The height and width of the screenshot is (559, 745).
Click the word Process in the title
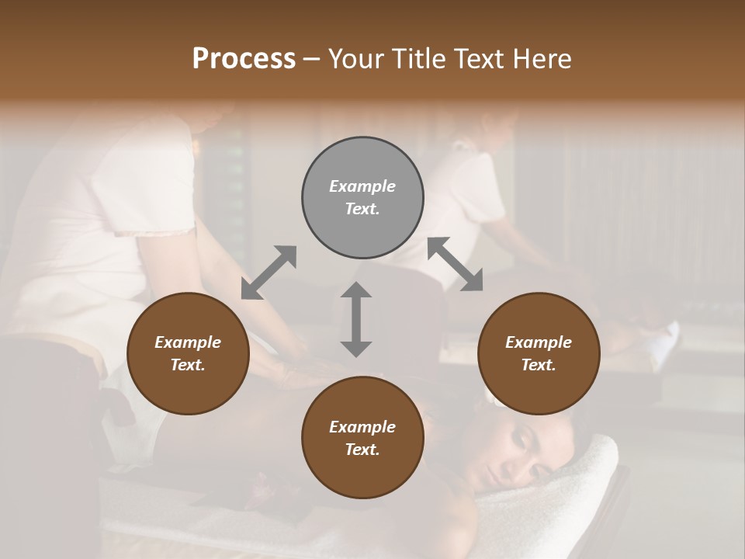point(244,59)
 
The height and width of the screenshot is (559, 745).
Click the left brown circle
point(188,353)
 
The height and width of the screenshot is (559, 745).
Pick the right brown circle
point(538,353)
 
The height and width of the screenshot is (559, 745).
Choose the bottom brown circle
point(362,437)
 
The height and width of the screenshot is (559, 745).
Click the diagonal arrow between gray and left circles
point(269,273)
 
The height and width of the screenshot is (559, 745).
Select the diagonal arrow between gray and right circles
point(455,264)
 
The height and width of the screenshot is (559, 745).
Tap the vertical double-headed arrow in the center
point(356,319)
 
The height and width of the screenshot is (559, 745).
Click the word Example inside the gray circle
point(362,186)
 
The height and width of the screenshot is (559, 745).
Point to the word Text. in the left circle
point(188,365)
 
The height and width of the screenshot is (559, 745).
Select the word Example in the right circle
point(538,342)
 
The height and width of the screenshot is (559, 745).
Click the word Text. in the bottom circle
point(362,450)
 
